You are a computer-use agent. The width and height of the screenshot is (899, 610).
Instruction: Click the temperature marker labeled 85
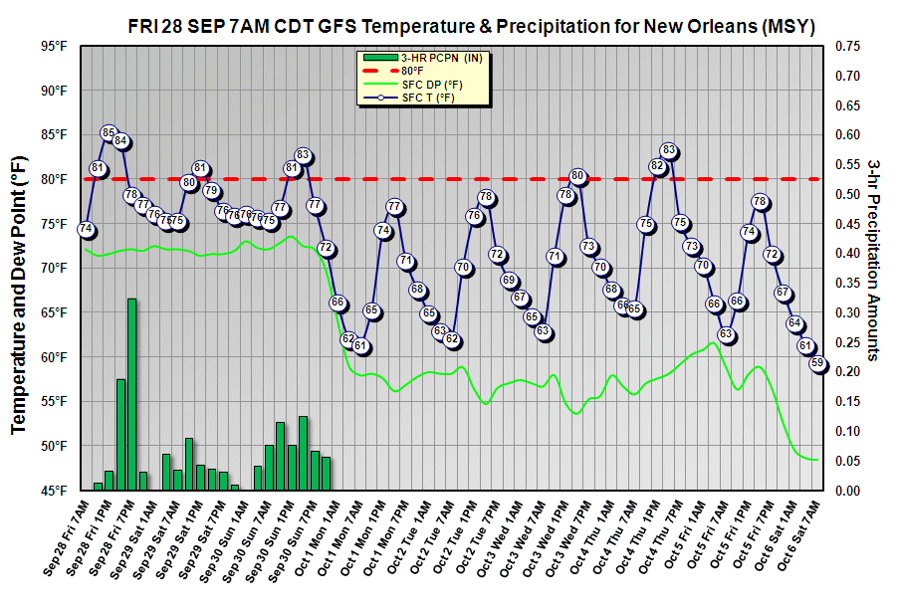tap(110, 132)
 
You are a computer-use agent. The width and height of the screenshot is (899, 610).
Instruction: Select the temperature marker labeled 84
tap(120, 141)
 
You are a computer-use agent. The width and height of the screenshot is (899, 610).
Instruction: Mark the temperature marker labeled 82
tap(657, 166)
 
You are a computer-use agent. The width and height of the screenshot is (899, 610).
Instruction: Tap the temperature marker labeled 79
tap(211, 190)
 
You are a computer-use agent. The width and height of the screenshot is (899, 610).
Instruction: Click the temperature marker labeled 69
tap(509, 281)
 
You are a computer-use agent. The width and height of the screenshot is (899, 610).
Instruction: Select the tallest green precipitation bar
tap(131, 394)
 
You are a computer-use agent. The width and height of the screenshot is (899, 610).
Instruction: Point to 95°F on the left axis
tap(53, 46)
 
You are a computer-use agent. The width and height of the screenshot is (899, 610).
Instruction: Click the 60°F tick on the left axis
tap(53, 357)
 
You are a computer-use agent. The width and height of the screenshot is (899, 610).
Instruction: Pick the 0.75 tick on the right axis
tap(847, 46)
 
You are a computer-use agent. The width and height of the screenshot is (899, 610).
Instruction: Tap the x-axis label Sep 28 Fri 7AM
tap(66, 543)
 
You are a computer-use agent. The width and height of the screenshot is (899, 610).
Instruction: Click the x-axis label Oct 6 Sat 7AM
tap(800, 543)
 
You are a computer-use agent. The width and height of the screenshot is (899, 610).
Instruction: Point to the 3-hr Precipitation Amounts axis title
tap(873, 259)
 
